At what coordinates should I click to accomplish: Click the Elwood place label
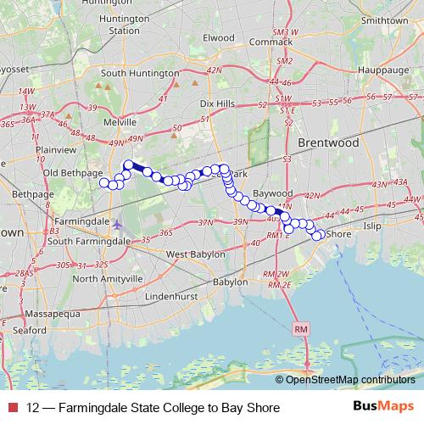click(x=218, y=37)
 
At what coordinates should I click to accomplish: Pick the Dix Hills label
click(x=216, y=103)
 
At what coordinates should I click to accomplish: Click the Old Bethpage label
click(x=74, y=174)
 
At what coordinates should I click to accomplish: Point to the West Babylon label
click(x=195, y=254)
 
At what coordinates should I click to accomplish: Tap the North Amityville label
click(x=108, y=278)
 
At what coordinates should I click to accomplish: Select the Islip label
click(x=372, y=227)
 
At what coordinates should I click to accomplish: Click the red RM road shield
click(x=303, y=328)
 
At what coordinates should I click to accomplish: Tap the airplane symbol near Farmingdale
click(x=117, y=225)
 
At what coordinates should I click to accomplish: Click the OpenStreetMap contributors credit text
click(x=350, y=380)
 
